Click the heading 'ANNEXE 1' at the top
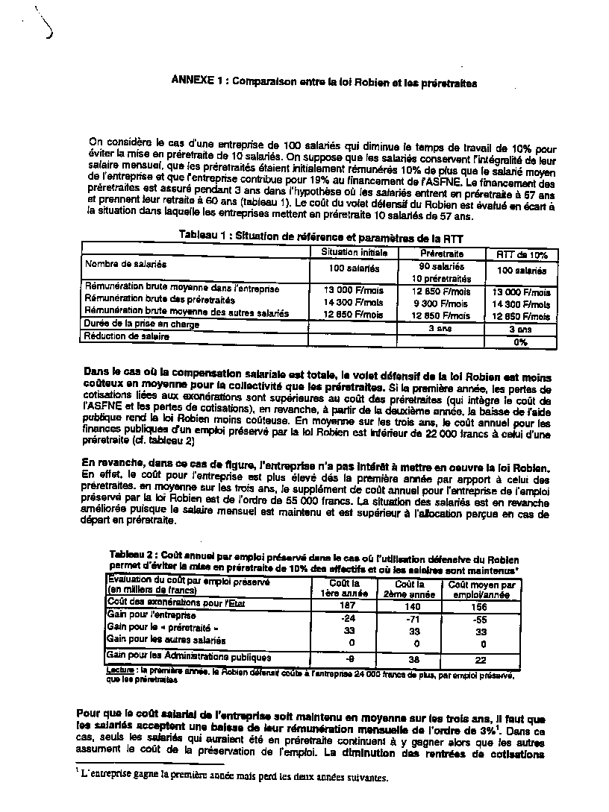(199, 83)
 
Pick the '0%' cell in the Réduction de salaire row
(521, 342)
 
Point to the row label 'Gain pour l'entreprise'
(152, 616)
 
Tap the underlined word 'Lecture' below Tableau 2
(121, 670)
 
